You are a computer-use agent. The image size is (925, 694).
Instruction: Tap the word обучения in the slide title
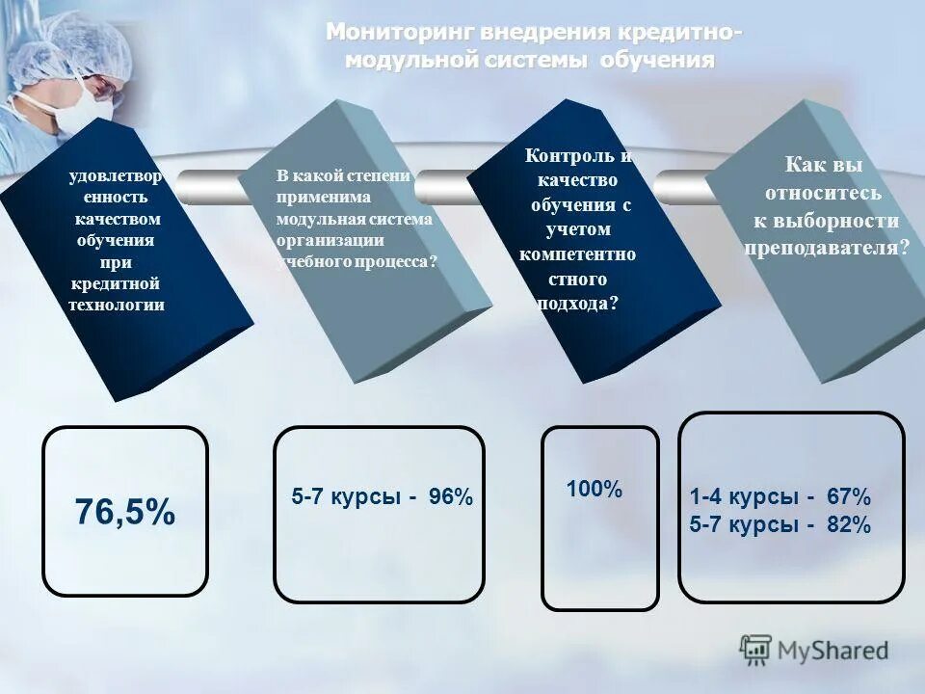click(657, 60)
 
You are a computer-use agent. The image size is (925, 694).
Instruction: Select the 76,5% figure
click(125, 512)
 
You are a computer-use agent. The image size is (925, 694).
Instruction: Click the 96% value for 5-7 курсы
click(451, 497)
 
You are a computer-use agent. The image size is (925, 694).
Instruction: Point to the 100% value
click(595, 489)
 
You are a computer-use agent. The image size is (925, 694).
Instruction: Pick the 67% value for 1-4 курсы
click(848, 497)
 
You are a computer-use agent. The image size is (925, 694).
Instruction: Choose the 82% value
click(848, 525)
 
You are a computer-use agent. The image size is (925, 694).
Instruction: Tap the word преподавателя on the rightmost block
click(827, 247)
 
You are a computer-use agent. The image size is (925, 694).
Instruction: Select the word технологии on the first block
click(117, 305)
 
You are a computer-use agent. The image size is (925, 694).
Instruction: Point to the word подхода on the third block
click(575, 303)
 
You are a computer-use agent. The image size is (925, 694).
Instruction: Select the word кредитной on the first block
click(115, 283)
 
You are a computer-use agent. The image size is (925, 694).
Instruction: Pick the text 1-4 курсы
click(744, 497)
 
